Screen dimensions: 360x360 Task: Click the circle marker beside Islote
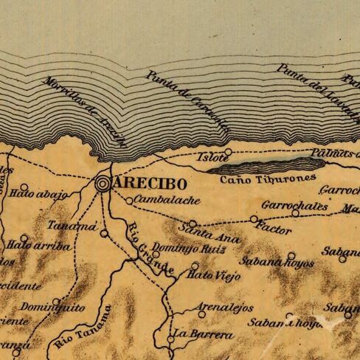pos(228,153)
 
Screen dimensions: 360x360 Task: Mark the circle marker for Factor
pos(254,219)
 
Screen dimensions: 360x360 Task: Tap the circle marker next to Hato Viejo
pos(195,266)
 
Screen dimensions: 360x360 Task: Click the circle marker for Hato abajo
pos(24,187)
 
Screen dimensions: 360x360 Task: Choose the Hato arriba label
pos(38,246)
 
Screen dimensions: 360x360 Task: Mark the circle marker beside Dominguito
pos(56,301)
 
